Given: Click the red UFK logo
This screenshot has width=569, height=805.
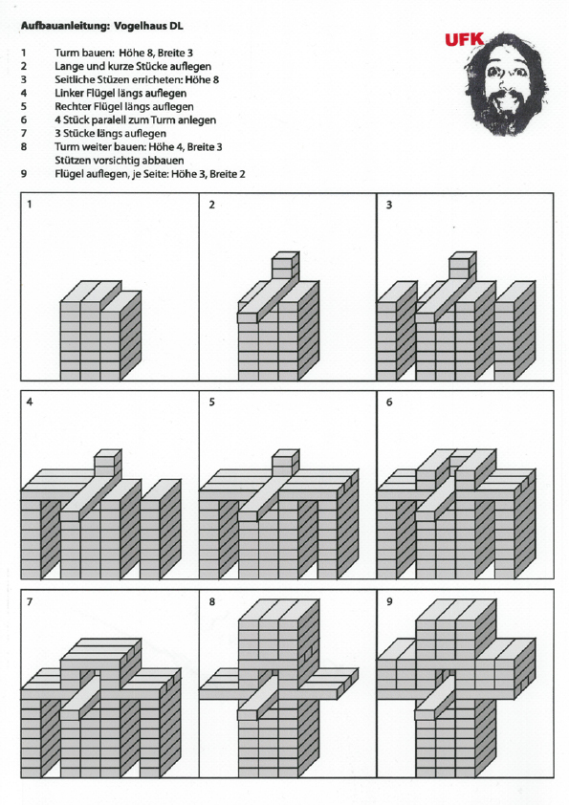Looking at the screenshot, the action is click(464, 39).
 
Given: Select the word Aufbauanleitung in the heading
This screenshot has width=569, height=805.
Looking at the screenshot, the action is click(65, 26).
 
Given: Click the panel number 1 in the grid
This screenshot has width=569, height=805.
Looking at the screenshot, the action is click(30, 205).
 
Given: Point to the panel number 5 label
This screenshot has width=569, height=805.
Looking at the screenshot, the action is click(211, 402).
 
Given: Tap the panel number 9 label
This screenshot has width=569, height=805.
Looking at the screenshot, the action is click(389, 601).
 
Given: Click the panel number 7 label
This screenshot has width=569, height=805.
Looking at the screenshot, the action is click(30, 601).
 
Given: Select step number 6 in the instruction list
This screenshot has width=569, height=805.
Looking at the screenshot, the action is click(24, 120).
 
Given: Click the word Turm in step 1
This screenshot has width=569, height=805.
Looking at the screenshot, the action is click(66, 53).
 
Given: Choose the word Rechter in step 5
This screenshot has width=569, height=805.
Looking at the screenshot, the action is click(72, 106).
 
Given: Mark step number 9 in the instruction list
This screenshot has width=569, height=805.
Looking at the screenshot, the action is click(24, 174).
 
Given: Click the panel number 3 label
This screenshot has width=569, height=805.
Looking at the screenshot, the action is click(389, 205).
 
